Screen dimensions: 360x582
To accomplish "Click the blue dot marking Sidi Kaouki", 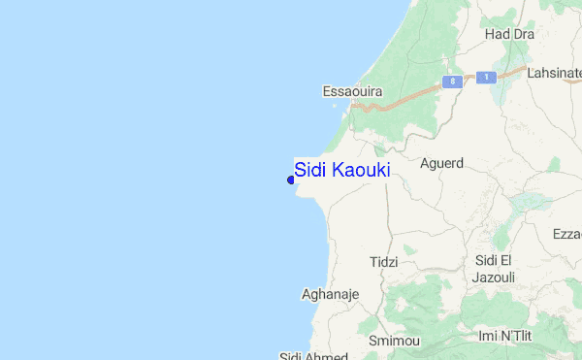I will click(x=291, y=179).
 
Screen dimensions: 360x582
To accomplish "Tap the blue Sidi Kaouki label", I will click(x=342, y=170).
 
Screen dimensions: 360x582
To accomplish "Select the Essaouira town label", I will click(x=352, y=91).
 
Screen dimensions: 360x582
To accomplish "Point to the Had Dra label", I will click(x=509, y=34).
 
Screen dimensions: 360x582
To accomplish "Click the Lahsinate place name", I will click(x=554, y=72).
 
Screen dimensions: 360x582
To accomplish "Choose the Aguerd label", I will click(x=441, y=163).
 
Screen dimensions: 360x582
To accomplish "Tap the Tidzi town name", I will click(x=384, y=262).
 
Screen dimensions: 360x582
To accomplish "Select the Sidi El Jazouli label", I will click(x=496, y=269).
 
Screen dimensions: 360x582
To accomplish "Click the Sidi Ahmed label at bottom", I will click(x=307, y=355).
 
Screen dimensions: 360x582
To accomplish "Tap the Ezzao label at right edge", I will click(x=566, y=235).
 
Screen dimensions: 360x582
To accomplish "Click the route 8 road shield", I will click(x=451, y=82).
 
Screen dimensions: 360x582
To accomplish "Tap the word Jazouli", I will click(x=496, y=278).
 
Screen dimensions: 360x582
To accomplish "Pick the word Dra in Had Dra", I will click(x=523, y=34).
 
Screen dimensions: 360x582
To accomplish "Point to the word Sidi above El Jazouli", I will click(x=488, y=260).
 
